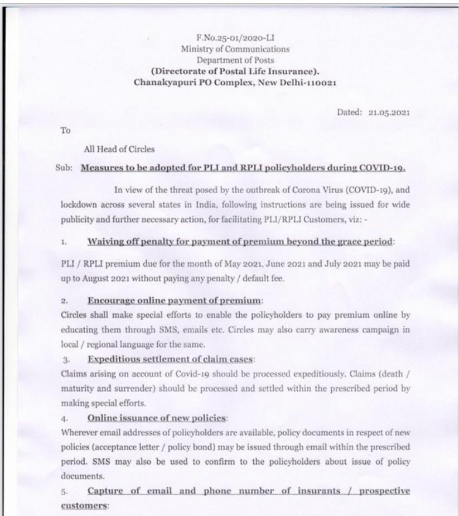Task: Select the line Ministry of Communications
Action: (x=235, y=50)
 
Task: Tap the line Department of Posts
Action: (x=235, y=60)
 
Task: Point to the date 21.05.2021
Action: (x=389, y=112)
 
